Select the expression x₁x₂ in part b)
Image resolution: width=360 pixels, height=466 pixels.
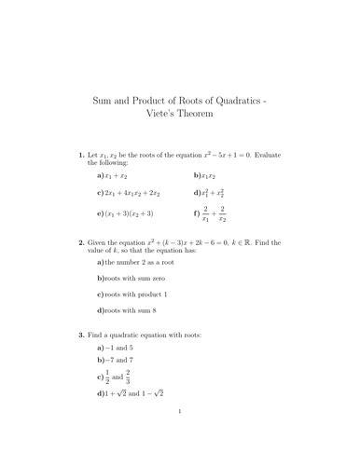(x=209, y=175)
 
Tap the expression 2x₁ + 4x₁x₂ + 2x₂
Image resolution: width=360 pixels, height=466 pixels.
(x=133, y=193)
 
